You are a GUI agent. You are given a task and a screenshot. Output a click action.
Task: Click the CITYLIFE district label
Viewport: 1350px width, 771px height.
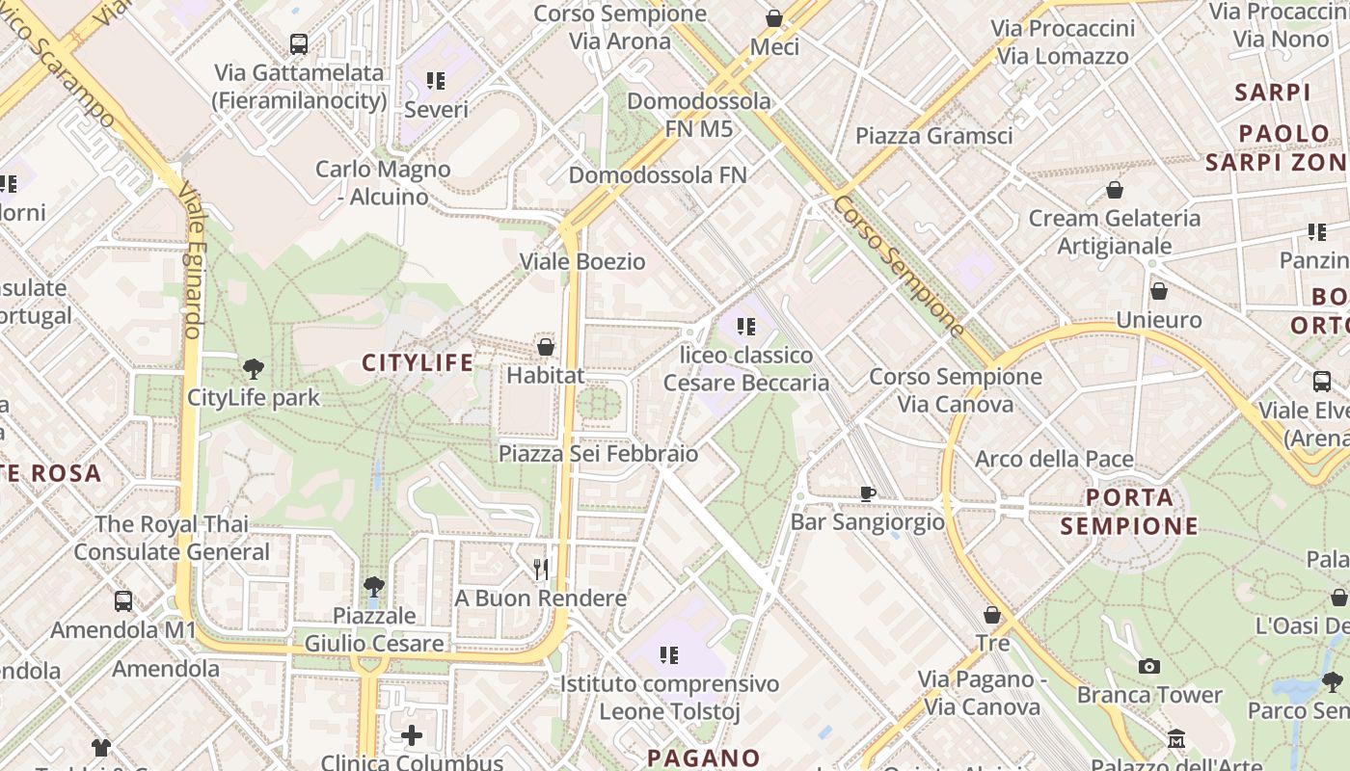[418, 362]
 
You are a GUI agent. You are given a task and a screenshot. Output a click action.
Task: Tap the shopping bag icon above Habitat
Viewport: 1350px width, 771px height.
[546, 346]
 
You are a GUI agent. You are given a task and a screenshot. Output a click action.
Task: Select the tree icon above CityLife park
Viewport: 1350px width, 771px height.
[254, 368]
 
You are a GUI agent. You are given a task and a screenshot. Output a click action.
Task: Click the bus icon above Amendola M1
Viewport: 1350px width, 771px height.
[123, 601]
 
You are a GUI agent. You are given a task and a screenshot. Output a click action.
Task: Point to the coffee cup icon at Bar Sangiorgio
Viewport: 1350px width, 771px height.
[868, 493]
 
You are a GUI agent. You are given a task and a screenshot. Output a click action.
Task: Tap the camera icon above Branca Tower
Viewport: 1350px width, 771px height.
[1148, 666]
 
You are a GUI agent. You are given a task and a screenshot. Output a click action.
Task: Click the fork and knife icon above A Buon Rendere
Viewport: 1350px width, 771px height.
[541, 570]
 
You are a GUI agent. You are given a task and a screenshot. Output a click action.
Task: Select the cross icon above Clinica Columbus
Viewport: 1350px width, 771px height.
[412, 736]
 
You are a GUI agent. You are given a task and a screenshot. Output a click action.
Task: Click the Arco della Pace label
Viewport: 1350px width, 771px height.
[1054, 459]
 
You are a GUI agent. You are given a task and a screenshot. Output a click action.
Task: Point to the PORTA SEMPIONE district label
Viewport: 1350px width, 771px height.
[1129, 512]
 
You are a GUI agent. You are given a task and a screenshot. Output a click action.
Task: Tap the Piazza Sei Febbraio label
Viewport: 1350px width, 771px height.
[598, 453]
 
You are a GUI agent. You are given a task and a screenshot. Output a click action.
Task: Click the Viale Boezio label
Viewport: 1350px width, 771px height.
[582, 261]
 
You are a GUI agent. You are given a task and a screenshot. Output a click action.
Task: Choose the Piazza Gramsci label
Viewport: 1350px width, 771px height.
[933, 136]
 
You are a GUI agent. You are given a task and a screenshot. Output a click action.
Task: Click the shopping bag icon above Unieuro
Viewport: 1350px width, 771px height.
[1159, 291]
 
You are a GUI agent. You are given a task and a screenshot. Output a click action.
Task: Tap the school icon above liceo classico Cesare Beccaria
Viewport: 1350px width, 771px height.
[745, 327]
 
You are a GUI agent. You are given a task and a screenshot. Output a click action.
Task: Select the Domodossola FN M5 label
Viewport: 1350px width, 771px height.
[699, 114]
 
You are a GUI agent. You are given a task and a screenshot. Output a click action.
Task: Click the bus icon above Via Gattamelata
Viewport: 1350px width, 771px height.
[299, 44]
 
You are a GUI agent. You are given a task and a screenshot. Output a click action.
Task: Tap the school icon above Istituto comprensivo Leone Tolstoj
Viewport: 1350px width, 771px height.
[669, 656]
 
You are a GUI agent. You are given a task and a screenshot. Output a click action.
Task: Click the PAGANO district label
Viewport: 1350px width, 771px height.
[704, 758]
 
